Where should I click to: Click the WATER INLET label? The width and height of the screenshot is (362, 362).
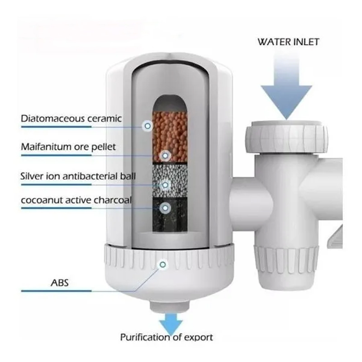(288, 42)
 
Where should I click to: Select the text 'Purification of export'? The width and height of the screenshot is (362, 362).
(166, 337)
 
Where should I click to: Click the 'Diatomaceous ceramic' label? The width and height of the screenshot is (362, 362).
(71, 119)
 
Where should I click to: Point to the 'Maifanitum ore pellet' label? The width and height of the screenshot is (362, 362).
(68, 147)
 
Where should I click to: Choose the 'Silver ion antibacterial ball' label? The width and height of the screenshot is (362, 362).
(78, 175)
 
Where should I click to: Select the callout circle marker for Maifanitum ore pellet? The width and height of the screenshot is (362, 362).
(166, 155)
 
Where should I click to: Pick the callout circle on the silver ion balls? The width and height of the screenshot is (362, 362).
(166, 184)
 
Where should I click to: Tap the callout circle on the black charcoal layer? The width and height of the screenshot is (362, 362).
(166, 207)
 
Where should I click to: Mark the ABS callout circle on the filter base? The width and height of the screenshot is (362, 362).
(161, 264)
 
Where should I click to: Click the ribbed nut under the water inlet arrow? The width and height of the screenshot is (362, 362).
(286, 136)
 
